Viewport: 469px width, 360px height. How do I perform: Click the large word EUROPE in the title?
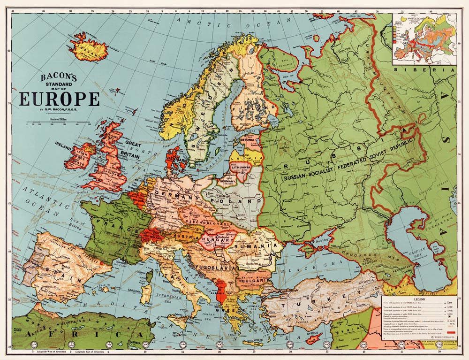59,100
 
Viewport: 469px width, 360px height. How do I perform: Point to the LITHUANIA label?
241,167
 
